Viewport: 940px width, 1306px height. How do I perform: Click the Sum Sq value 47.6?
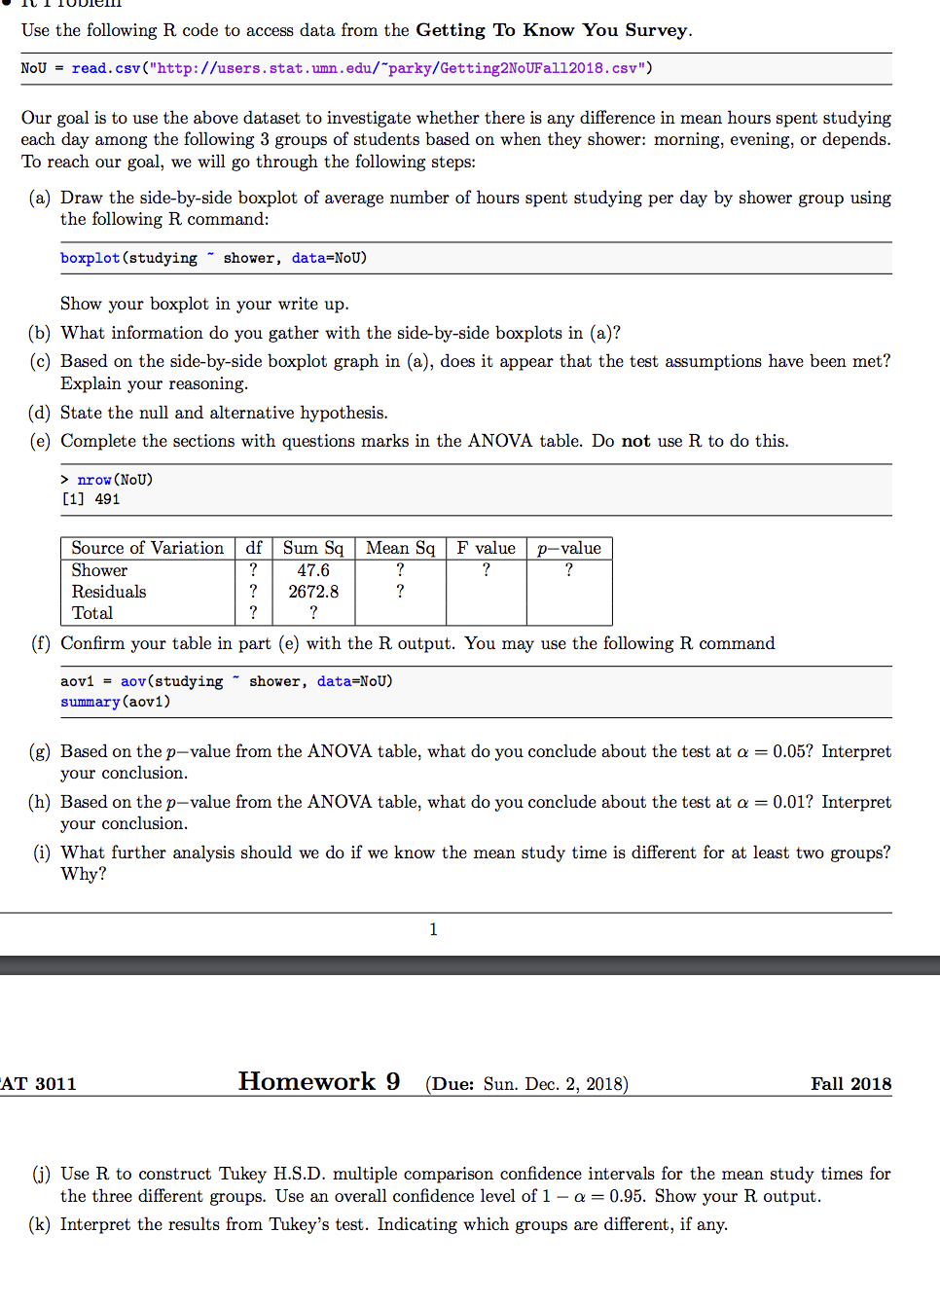tap(313, 570)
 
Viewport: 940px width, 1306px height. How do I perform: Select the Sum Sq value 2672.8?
tap(313, 592)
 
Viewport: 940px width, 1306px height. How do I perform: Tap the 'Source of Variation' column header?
tap(147, 548)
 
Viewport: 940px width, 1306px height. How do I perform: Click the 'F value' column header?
tap(486, 548)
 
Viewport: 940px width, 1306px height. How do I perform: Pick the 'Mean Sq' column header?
tap(400, 548)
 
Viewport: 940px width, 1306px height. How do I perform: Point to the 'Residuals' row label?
tap(108, 592)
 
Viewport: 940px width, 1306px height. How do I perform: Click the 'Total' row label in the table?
tap(92, 613)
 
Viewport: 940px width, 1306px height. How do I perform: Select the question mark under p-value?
tap(569, 570)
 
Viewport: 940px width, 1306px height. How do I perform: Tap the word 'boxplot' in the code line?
tap(90, 258)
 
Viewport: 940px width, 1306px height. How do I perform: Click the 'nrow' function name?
tap(94, 480)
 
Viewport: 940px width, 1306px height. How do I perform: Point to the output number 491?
tap(107, 499)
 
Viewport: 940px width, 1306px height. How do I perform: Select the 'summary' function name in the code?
tap(90, 702)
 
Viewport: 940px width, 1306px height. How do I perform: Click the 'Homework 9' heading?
tap(319, 1081)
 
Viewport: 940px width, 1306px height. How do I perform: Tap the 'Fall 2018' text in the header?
tap(850, 1084)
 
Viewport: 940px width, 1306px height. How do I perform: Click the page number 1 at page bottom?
tap(433, 929)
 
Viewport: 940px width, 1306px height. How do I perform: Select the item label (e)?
tap(40, 441)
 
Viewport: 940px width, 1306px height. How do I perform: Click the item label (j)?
tap(41, 1174)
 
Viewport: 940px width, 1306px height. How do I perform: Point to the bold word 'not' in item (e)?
tap(635, 441)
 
